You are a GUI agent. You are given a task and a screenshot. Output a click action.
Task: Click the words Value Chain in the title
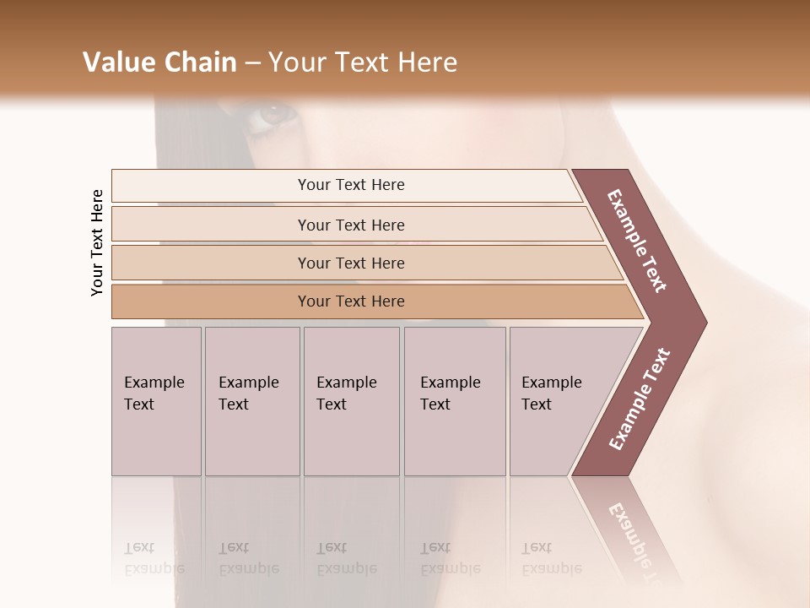159,62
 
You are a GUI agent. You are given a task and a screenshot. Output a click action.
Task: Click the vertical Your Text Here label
97,242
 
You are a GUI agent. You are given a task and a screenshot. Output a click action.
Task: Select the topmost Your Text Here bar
350,185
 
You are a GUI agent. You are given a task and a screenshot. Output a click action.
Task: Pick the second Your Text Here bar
350,225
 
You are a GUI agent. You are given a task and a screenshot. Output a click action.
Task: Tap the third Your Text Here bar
350,263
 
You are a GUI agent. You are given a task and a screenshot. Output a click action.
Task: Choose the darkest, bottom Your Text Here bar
350,301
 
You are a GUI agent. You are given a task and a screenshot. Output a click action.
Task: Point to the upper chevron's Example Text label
637,241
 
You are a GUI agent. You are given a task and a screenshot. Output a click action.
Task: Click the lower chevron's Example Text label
639,399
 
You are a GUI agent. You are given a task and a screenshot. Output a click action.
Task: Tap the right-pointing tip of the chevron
702,323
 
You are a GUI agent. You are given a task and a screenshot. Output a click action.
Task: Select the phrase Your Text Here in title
363,62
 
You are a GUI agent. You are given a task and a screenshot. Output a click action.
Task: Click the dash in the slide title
252,63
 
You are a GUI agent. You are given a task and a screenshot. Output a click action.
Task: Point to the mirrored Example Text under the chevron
641,540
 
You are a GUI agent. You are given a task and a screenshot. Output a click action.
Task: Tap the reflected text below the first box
154,558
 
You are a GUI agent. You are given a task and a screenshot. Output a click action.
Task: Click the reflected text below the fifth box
552,558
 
